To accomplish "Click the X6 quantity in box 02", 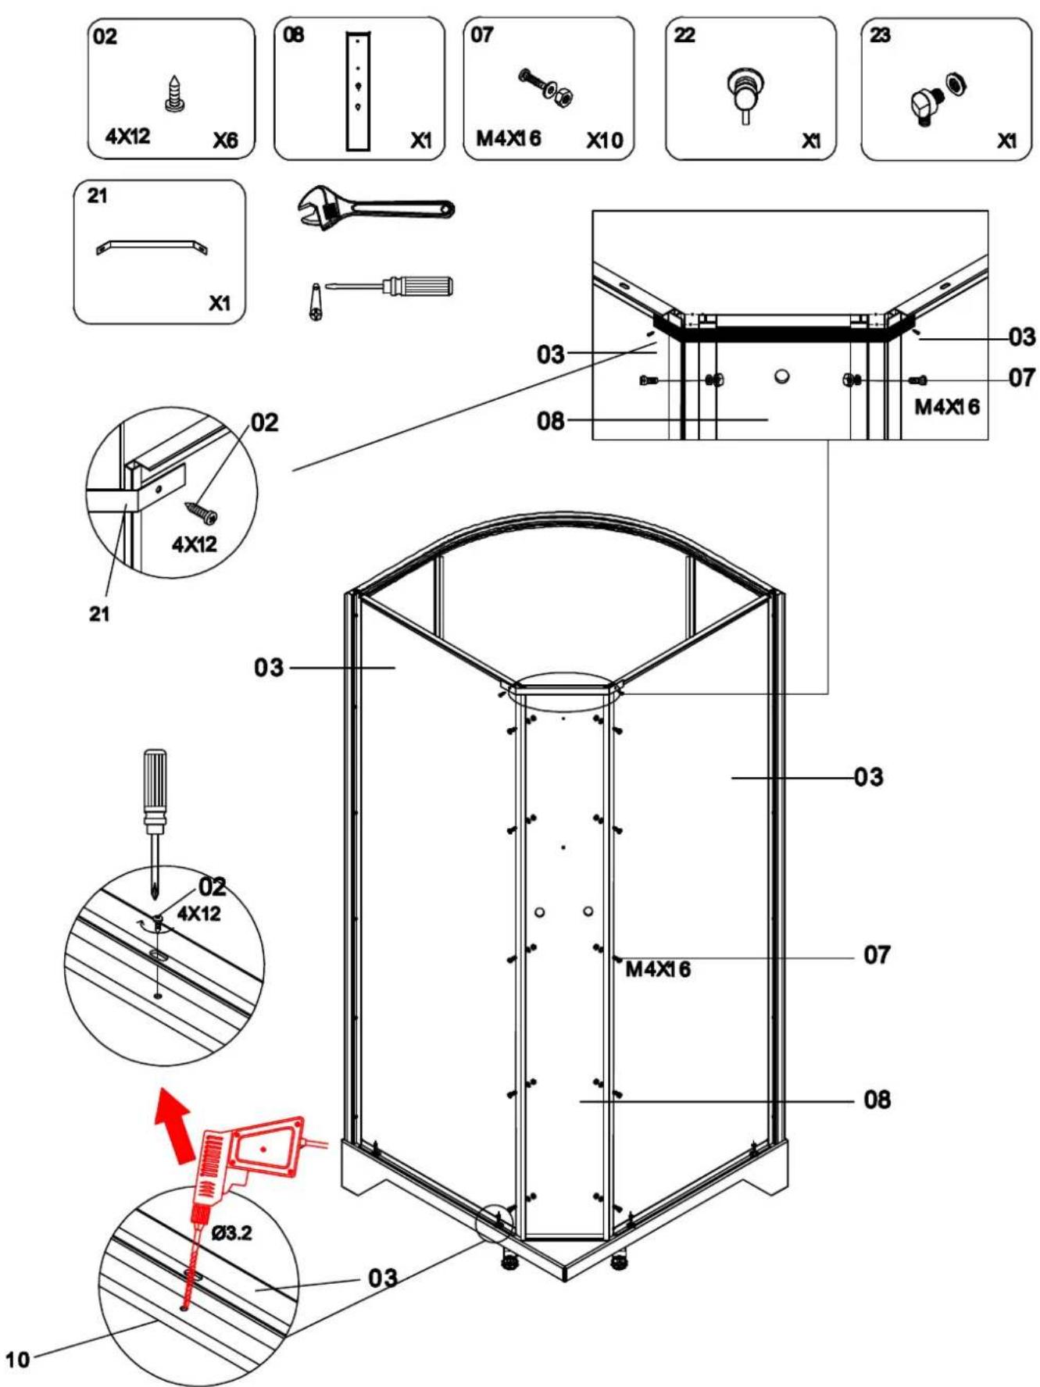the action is coord(225,141).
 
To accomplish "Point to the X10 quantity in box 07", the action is coord(605,141).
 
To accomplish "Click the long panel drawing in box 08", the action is coord(358,91).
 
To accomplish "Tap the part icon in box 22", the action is coord(745,94).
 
